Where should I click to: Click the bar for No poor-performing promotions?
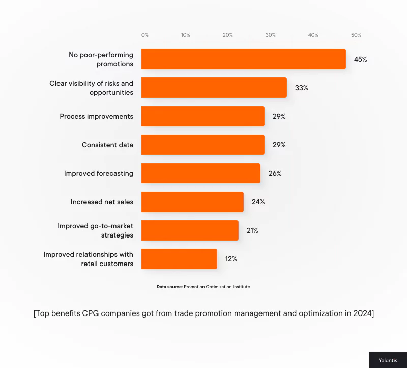[243, 59]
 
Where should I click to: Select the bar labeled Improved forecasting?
[200, 173]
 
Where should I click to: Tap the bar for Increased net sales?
[192, 202]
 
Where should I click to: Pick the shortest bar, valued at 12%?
[179, 259]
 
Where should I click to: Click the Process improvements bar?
[202, 116]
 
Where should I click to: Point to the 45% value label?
[360, 59]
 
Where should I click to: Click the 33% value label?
[301, 88]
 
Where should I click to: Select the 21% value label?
[252, 230]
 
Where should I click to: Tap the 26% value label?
[275, 173]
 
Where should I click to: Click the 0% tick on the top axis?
[145, 35]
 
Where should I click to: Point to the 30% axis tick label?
[271, 35]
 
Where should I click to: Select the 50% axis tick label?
[356, 35]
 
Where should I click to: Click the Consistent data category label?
[107, 145]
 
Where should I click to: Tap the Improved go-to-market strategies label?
[95, 230]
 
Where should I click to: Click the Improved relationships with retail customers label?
[88, 259]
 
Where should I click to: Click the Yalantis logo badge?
[388, 360]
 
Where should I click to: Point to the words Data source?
[169, 287]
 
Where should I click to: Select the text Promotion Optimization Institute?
[217, 287]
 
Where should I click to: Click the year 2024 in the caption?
[362, 313]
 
